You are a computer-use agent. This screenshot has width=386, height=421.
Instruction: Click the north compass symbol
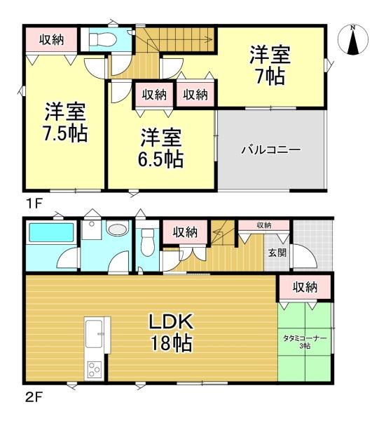pos(353,40)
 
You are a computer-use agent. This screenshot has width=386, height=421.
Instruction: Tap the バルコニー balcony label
pos(270,149)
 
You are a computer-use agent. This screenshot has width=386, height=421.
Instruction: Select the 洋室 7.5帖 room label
pos(65,122)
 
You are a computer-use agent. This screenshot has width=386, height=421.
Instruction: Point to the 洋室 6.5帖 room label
pos(161,148)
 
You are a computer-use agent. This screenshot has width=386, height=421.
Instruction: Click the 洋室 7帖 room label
pos(270,65)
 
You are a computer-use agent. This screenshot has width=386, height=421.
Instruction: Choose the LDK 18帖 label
pos(172,333)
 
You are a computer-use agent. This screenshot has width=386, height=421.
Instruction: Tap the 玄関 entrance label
pos(277,253)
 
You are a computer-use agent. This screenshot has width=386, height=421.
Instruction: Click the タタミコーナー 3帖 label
pos(305,342)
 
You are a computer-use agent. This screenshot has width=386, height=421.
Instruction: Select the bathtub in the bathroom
pos(51,233)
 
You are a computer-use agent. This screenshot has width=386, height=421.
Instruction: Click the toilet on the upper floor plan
pos(102,40)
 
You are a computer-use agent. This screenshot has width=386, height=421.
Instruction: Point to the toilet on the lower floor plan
pos(146,243)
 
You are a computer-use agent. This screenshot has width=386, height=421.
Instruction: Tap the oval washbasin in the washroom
pos(118,229)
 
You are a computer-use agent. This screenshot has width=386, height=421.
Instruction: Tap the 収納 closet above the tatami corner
pos(305,287)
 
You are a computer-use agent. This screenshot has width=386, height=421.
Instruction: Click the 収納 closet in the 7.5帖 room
pos(51,40)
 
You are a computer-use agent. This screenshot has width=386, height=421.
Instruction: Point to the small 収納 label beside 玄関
pos(264,225)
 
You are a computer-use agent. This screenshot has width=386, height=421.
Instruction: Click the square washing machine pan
pos(91,230)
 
